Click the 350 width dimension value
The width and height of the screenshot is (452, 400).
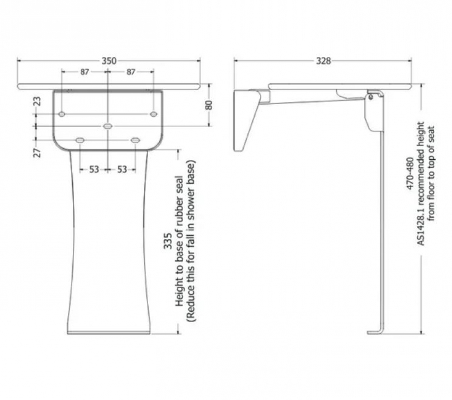pos(109,61)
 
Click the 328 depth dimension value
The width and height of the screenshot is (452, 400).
pos(324,61)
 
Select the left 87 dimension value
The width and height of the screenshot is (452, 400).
pos(85,71)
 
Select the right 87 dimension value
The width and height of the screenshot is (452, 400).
pos(131,71)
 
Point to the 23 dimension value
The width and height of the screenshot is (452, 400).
pos(37,101)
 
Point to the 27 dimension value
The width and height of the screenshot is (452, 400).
pos(37,152)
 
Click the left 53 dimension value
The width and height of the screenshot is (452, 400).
pos(94,169)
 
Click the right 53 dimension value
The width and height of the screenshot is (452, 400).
pos(122,169)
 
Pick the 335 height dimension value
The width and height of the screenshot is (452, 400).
pos(168,241)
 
